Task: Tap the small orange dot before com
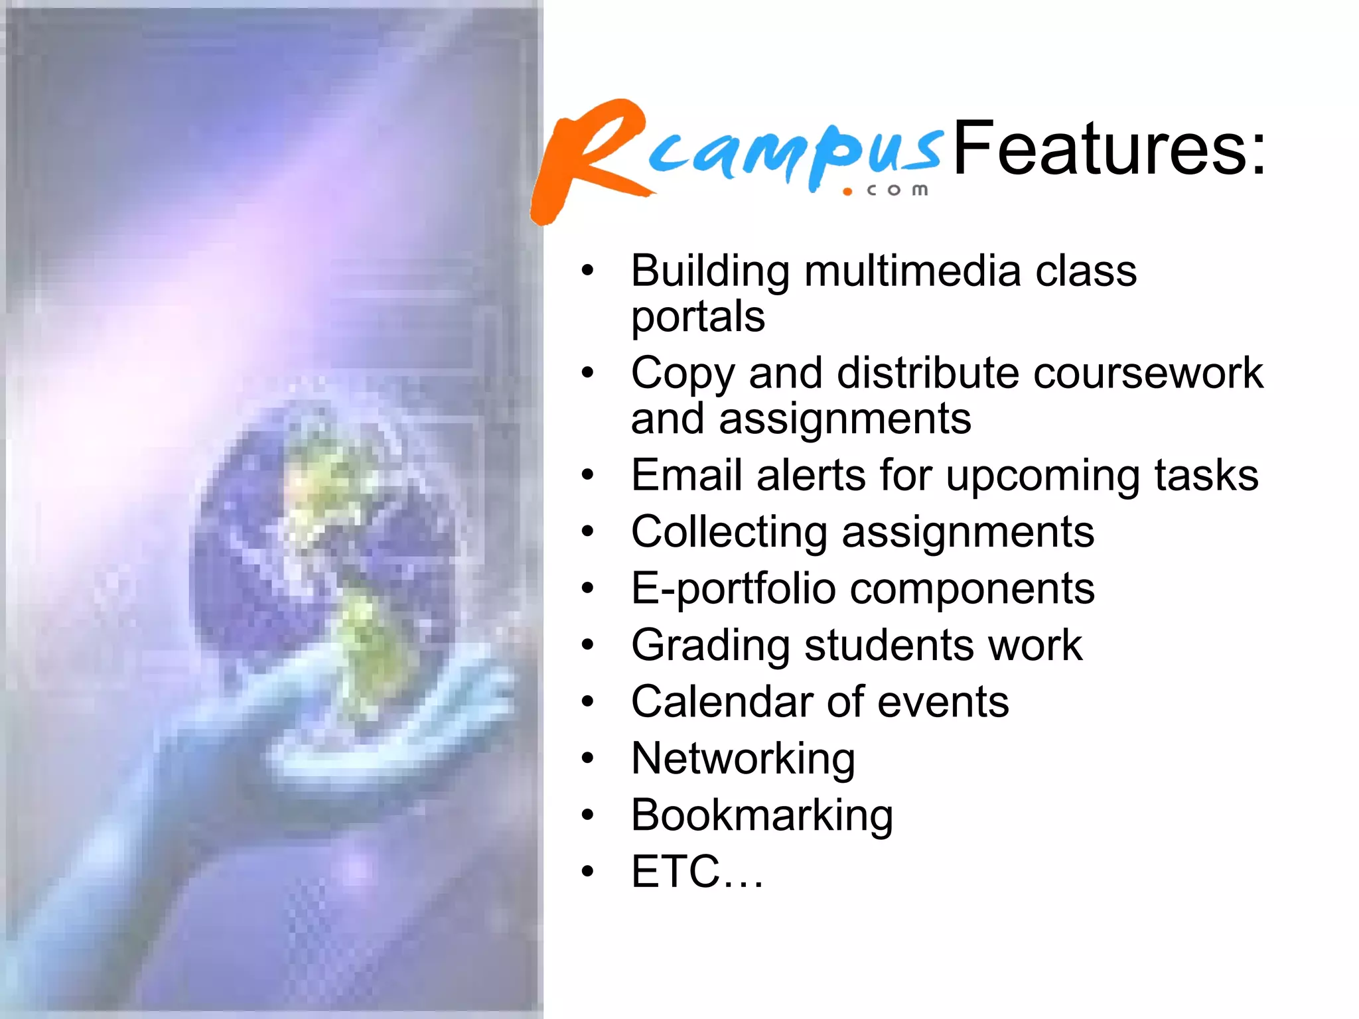tap(847, 192)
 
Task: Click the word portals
tap(697, 317)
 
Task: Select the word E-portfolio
tap(733, 589)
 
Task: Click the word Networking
tap(743, 758)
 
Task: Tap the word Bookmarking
tap(761, 815)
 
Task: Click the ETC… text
tap(697, 872)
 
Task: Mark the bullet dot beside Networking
tap(587, 758)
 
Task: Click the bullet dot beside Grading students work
tap(587, 645)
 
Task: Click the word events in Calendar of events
tap(942, 702)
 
